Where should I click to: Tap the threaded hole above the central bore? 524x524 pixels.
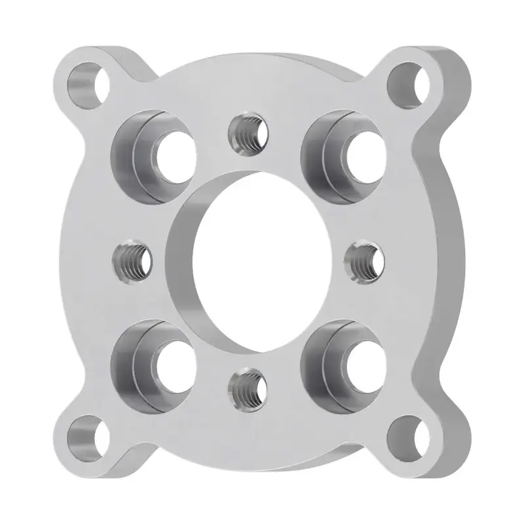click(248, 133)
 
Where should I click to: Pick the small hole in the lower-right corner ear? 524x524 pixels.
click(409, 437)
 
